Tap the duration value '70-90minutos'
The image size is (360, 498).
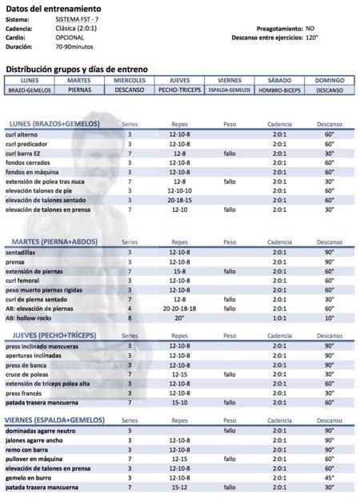[x=78, y=46]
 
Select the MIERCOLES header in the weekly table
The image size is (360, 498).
[x=130, y=81]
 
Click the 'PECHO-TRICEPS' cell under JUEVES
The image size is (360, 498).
[x=179, y=90]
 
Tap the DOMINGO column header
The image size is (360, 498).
[x=329, y=81]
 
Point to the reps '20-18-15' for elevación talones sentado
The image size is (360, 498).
[x=180, y=201]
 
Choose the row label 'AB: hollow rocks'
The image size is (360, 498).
[x=33, y=317]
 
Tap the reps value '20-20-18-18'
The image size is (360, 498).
[x=180, y=308]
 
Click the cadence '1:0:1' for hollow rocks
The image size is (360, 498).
[x=279, y=317]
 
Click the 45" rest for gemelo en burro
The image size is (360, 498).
[x=329, y=478]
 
